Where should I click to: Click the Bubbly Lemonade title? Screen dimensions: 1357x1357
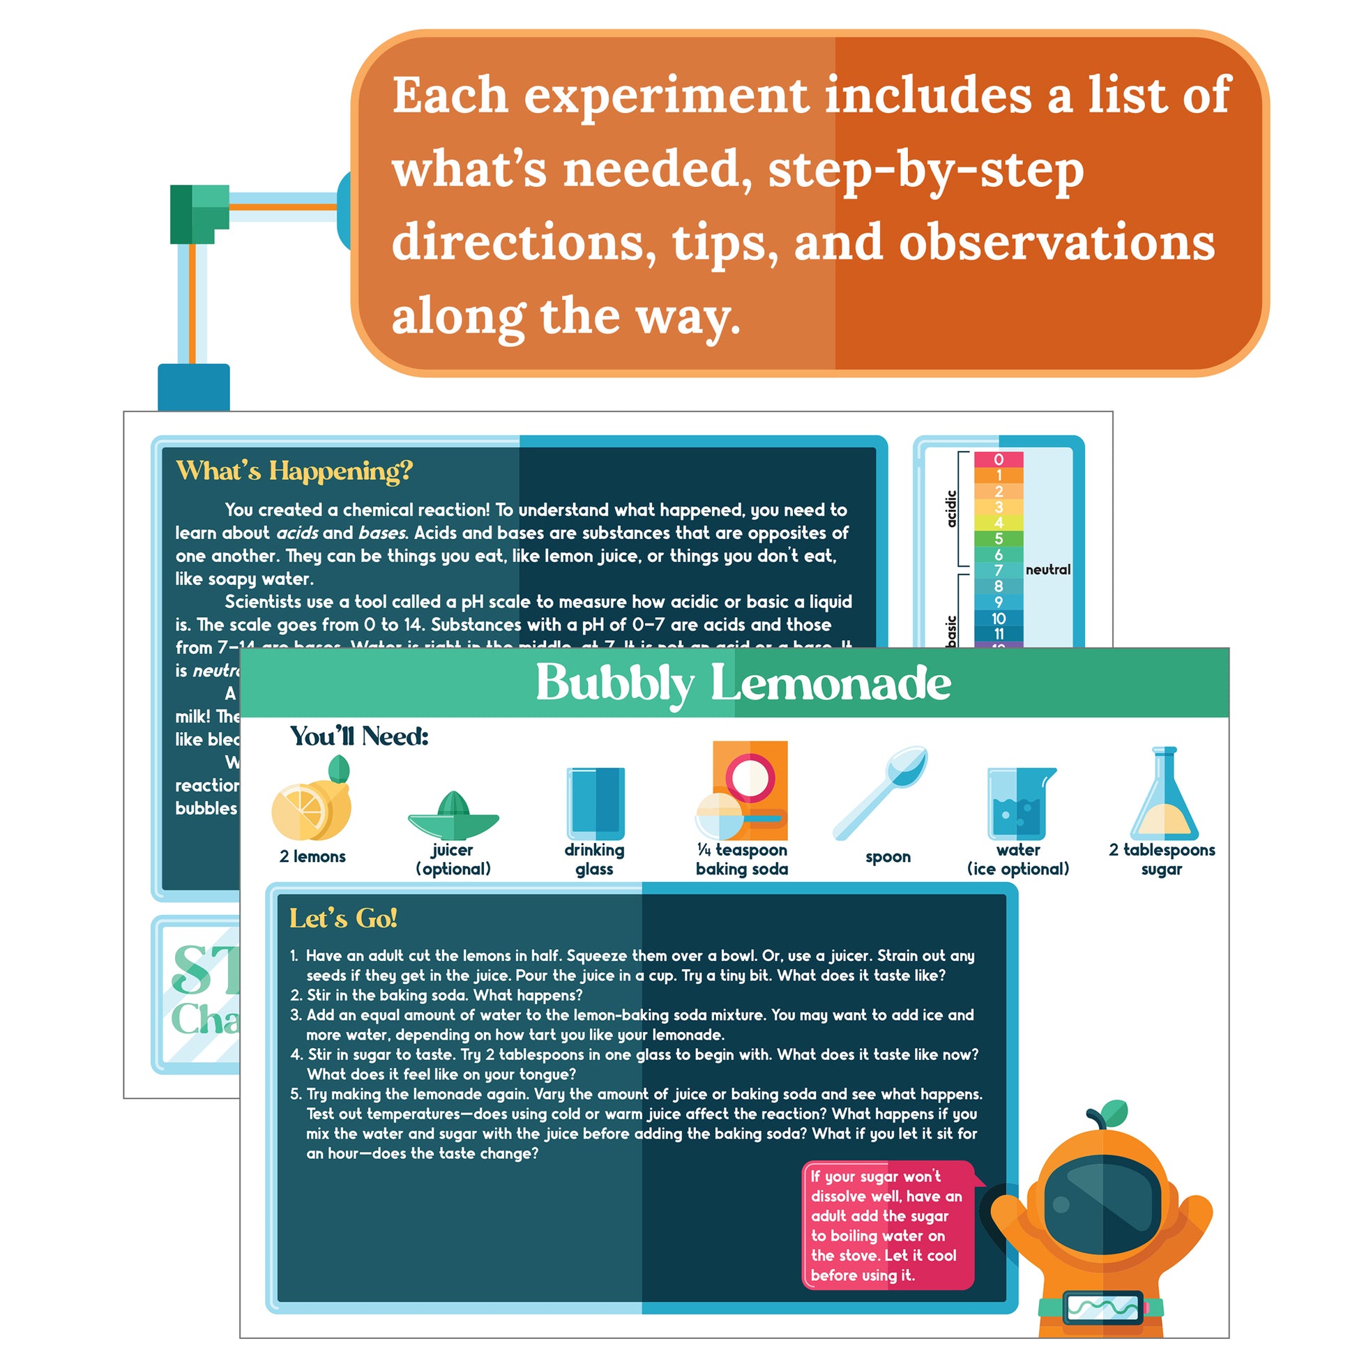coord(743,683)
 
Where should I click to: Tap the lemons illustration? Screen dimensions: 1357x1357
coord(312,803)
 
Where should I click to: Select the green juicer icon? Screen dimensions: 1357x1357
coord(453,816)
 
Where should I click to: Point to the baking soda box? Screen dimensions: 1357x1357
coord(749,790)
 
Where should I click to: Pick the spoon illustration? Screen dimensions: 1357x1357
coord(881,791)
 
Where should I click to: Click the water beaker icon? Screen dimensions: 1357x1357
coord(1019,803)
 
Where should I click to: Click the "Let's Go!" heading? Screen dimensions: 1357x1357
coord(343,918)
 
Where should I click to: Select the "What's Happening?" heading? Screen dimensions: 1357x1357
coord(294,471)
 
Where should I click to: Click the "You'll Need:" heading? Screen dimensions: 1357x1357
coord(359,737)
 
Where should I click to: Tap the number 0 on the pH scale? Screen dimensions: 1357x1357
coord(998,460)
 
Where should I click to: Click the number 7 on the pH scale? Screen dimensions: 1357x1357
coord(998,570)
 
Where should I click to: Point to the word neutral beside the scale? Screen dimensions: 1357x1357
coord(1048,570)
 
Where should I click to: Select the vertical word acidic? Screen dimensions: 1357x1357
coord(951,508)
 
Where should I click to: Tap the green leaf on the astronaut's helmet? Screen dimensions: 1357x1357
coord(1113,1112)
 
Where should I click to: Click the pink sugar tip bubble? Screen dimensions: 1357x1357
coord(887,1226)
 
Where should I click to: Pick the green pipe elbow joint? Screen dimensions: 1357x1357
coord(199,213)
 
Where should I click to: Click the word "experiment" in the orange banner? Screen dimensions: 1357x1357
coord(665,96)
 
